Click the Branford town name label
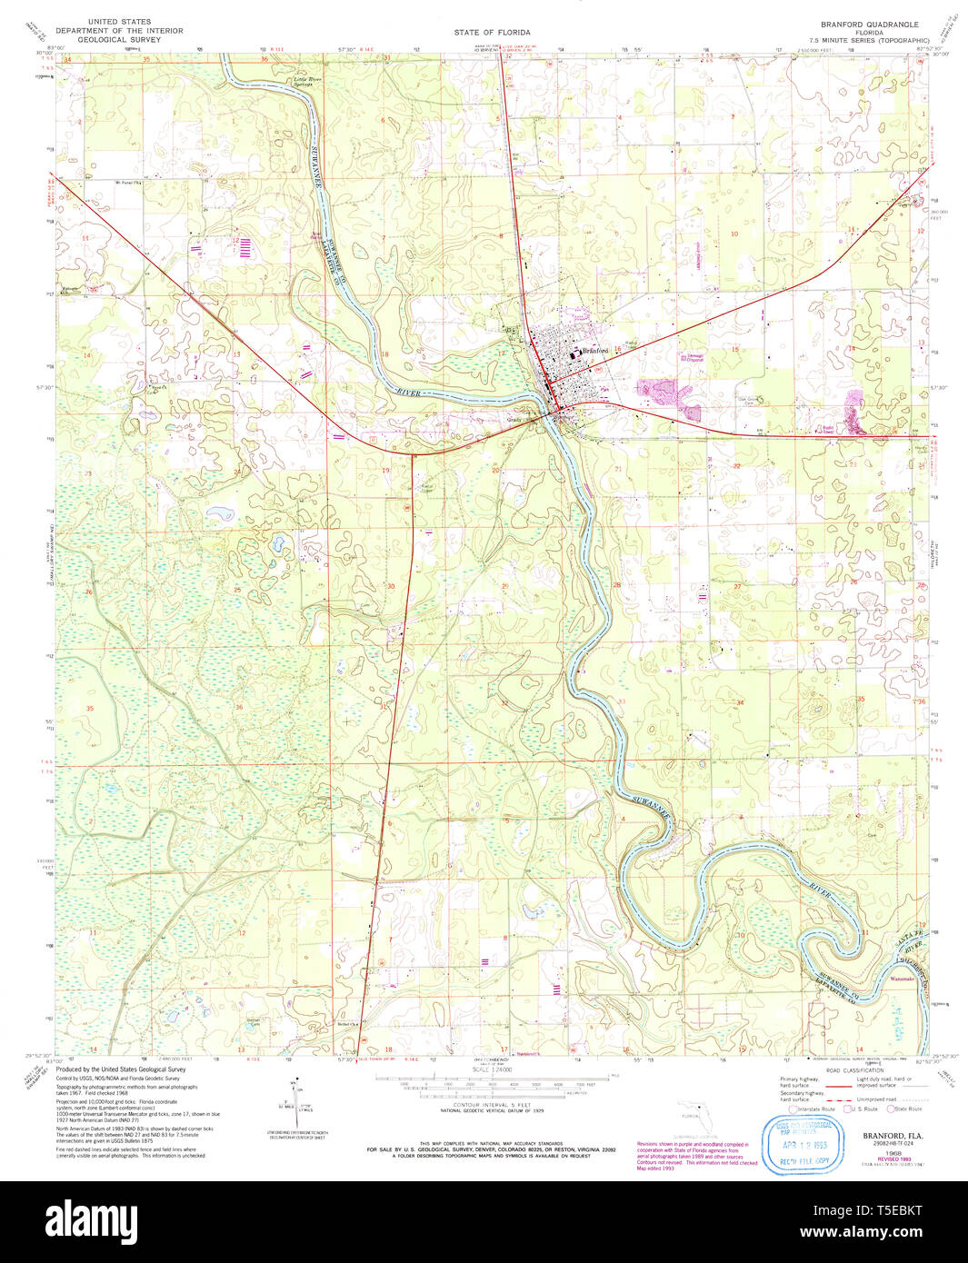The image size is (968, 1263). tap(597, 351)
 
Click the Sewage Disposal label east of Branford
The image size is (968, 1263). tap(694, 357)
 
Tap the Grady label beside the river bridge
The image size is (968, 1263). tap(515, 420)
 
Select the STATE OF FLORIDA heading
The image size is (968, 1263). tap(492, 33)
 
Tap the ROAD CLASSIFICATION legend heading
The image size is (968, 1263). tap(834, 1071)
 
